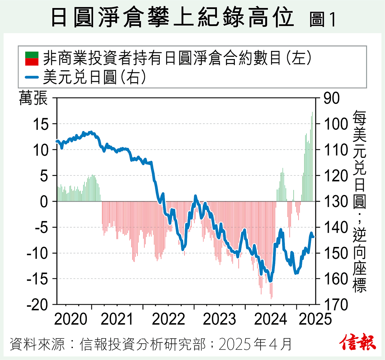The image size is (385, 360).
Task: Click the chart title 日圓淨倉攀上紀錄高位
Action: [172, 18]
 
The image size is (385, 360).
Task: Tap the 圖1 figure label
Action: [322, 20]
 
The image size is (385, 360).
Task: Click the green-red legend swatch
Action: [32, 58]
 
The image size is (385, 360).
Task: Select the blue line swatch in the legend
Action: [32, 77]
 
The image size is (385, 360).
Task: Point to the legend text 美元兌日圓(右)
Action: [95, 77]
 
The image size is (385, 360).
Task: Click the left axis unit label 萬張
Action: [33, 98]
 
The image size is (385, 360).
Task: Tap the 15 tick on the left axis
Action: [40, 124]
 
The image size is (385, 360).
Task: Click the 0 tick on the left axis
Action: [44, 202]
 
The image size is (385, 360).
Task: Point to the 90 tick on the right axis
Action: [331, 98]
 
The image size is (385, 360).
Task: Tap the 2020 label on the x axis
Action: [71, 319]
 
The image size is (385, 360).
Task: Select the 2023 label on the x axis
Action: [219, 319]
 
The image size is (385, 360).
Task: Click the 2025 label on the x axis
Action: [315, 319]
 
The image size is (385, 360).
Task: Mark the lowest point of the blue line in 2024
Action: [270, 281]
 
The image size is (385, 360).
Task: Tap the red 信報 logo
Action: [357, 342]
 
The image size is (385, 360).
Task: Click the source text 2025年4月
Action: [255, 344]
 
